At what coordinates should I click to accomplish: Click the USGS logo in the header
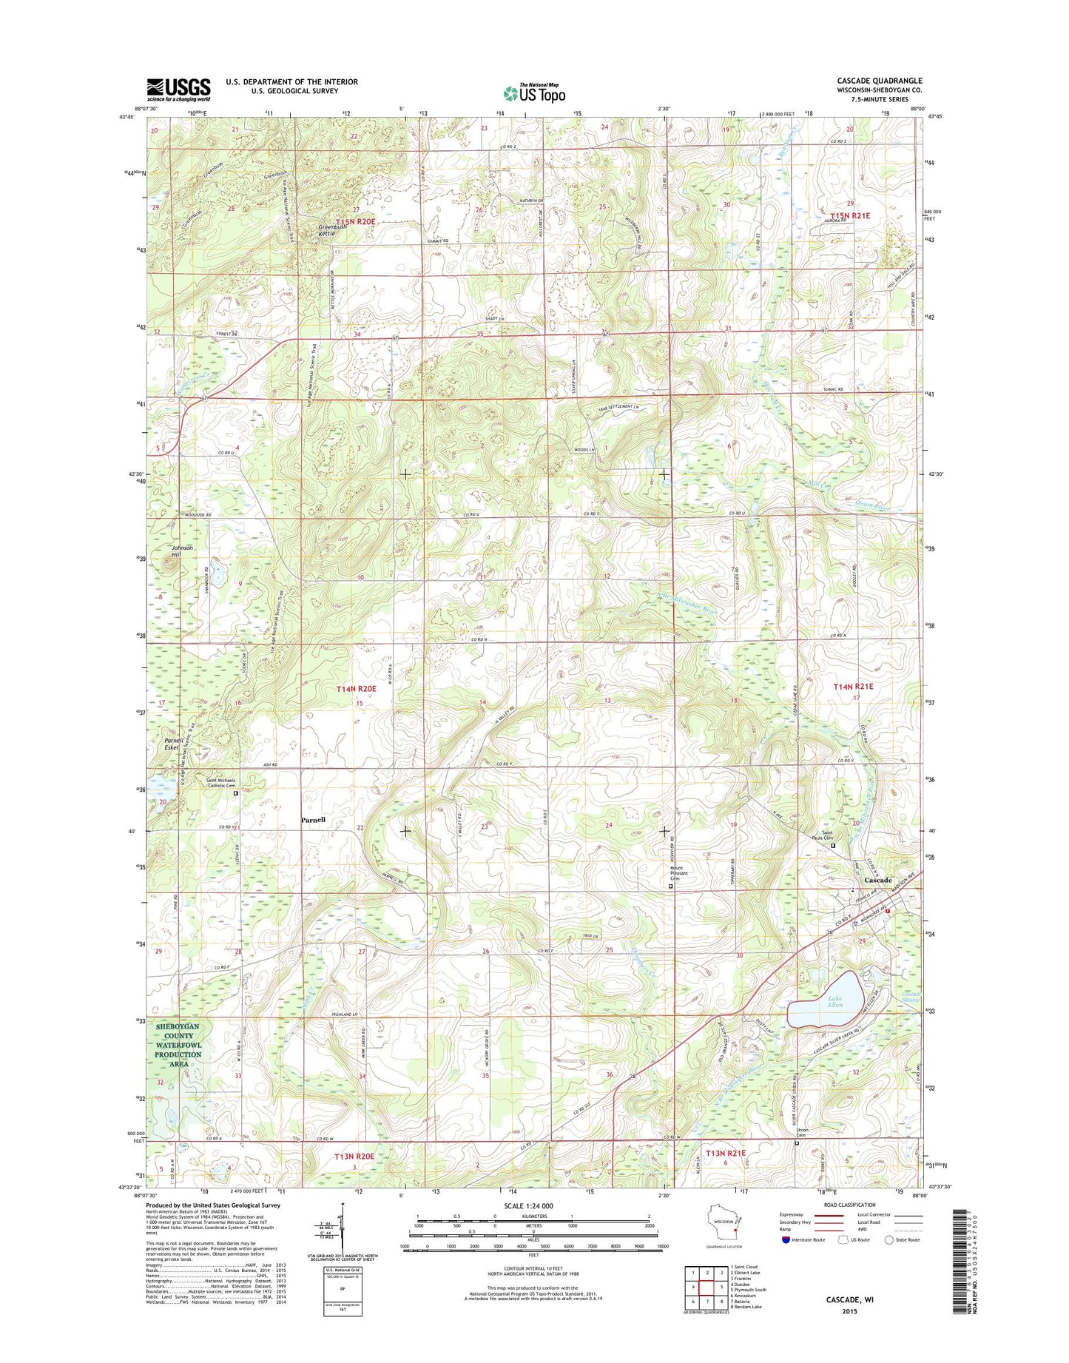click(x=178, y=89)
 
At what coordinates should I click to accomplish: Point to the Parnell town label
click(x=313, y=820)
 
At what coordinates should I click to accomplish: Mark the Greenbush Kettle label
click(x=332, y=230)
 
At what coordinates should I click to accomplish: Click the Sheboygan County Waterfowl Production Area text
click(x=178, y=1044)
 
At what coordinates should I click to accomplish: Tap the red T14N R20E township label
click(x=357, y=689)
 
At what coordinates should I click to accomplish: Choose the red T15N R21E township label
click(x=850, y=215)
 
